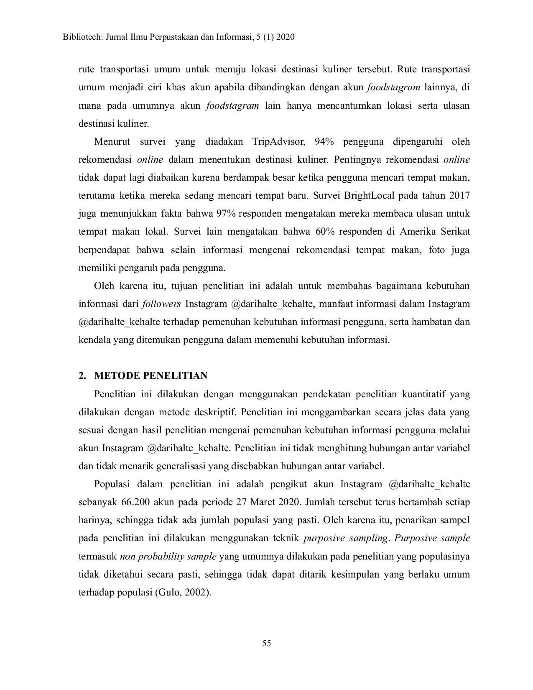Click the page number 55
click(x=266, y=643)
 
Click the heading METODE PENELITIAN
click(x=150, y=376)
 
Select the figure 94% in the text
click(x=324, y=141)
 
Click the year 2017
click(x=459, y=195)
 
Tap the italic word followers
click(x=161, y=304)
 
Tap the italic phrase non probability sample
click(x=168, y=556)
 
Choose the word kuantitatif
click(x=423, y=394)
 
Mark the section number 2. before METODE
click(x=82, y=376)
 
